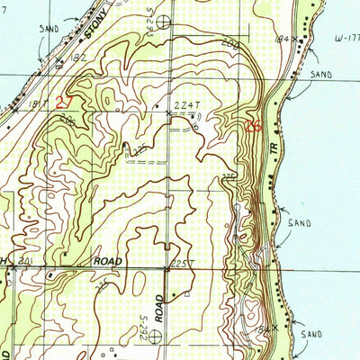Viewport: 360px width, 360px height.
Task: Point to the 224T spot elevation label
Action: tap(186, 106)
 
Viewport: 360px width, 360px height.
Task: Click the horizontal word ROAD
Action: tap(110, 261)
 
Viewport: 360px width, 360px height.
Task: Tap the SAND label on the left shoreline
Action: tap(49, 29)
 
